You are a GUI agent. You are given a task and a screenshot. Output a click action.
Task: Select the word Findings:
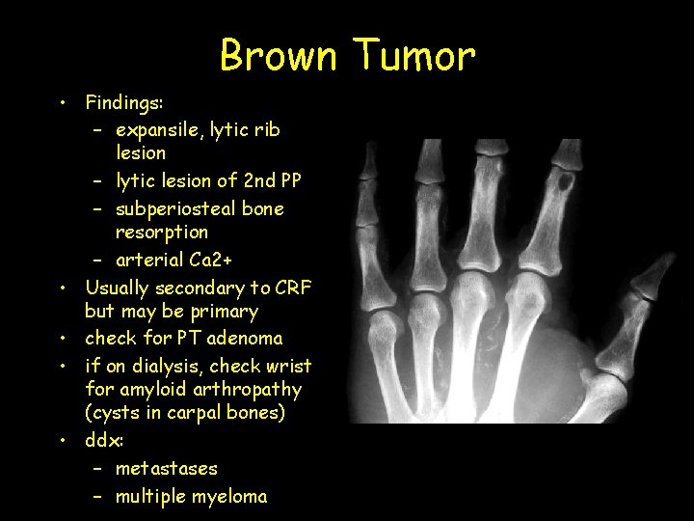(125, 101)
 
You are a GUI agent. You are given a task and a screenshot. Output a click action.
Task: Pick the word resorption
(161, 233)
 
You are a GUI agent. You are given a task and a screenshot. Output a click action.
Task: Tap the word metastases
(166, 469)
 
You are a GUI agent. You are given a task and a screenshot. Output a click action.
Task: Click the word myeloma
(227, 497)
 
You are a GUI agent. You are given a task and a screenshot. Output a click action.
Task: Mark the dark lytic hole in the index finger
(570, 180)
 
